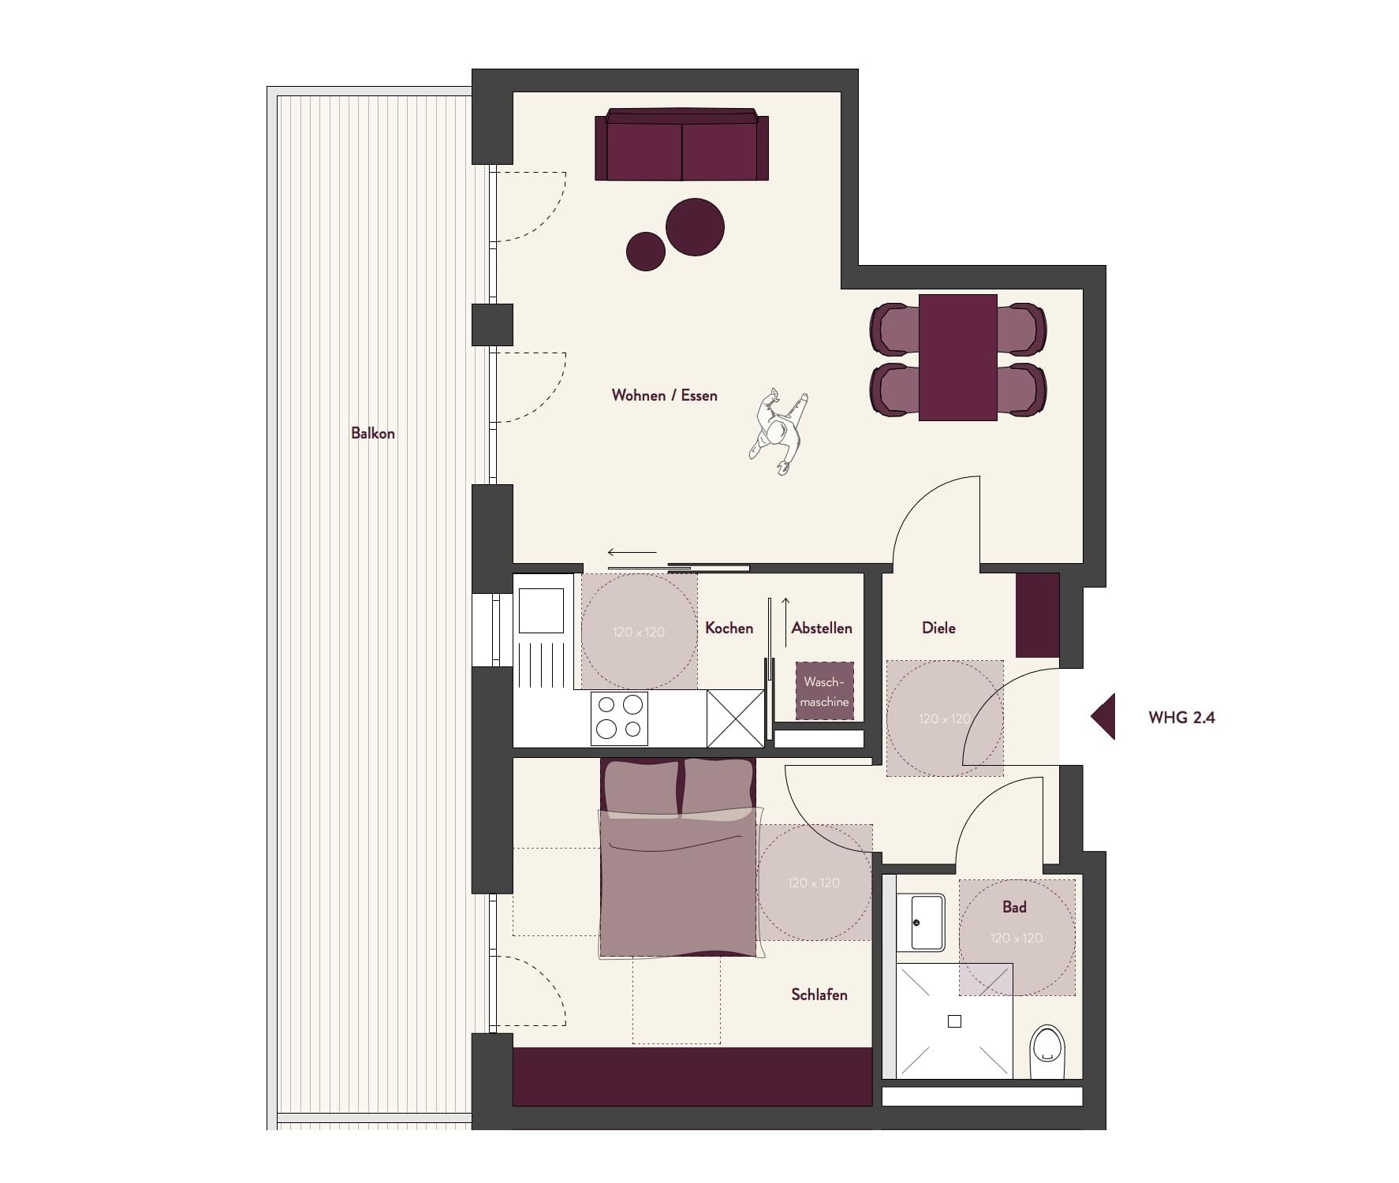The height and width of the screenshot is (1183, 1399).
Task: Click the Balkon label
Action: tap(373, 433)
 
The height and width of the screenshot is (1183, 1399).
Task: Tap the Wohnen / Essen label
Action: tap(665, 395)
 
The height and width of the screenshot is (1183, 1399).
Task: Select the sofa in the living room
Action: tap(682, 144)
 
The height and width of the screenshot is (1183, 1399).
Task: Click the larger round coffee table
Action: tap(695, 227)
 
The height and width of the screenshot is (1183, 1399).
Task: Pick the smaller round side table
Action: tap(646, 252)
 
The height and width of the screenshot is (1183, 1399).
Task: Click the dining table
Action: tap(958, 357)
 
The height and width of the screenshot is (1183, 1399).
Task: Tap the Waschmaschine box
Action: tap(825, 691)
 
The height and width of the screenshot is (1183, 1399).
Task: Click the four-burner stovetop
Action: tap(619, 718)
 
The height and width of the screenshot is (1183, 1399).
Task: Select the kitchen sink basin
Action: tap(541, 610)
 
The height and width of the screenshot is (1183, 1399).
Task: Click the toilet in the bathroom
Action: tap(1047, 1051)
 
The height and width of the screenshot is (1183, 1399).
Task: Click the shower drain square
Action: tap(954, 1021)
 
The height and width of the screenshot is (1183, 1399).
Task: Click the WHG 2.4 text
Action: tap(1181, 718)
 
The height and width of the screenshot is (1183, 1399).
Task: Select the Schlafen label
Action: tap(819, 995)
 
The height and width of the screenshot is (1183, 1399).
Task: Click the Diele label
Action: tap(938, 628)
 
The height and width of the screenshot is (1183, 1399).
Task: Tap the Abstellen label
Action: tap(822, 628)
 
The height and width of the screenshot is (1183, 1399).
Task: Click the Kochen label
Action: tap(729, 628)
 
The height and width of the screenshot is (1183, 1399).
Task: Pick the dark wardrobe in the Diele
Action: tap(1037, 615)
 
